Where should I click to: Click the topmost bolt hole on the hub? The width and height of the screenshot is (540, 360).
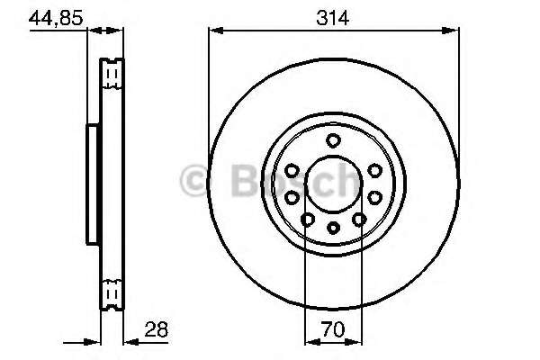pos(333,139)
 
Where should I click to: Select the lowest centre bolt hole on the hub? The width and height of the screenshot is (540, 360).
pos(333,228)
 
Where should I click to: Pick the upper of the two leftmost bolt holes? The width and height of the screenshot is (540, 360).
pos(292,170)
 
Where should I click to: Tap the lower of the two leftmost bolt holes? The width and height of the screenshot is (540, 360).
pos(292,197)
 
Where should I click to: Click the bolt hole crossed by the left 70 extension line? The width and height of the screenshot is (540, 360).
pos(308,219)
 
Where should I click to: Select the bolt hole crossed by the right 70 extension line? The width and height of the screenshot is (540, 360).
pos(359,219)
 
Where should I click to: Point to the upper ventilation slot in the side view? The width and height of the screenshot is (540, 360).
pos(112,75)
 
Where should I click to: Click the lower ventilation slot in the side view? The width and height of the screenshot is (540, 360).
pos(112,292)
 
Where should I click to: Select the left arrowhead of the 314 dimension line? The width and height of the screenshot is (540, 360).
pos(214,31)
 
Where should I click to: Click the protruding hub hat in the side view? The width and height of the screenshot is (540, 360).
pos(92,184)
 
